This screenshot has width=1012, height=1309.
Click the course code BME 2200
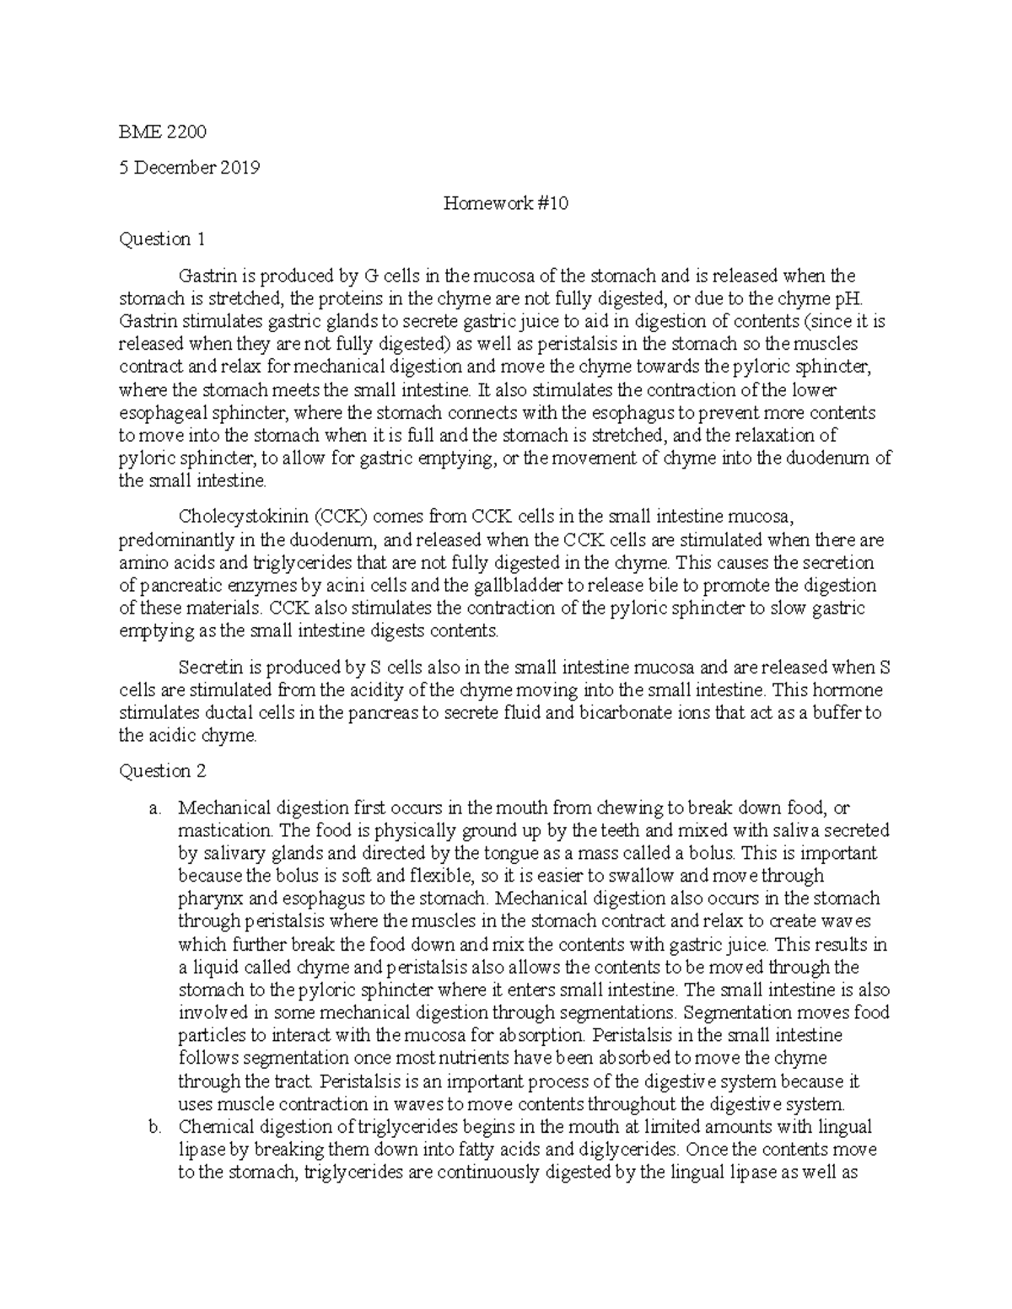(x=163, y=131)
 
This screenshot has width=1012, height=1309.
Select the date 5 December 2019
(x=189, y=167)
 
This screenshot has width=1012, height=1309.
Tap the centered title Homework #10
(x=505, y=203)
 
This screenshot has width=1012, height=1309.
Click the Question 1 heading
(x=162, y=239)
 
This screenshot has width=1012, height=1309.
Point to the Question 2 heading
(x=162, y=770)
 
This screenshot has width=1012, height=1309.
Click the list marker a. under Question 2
(x=153, y=807)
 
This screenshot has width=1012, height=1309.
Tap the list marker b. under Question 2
(x=153, y=1126)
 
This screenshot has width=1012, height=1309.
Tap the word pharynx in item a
(x=205, y=899)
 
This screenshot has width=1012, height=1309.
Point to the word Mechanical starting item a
(x=222, y=807)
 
